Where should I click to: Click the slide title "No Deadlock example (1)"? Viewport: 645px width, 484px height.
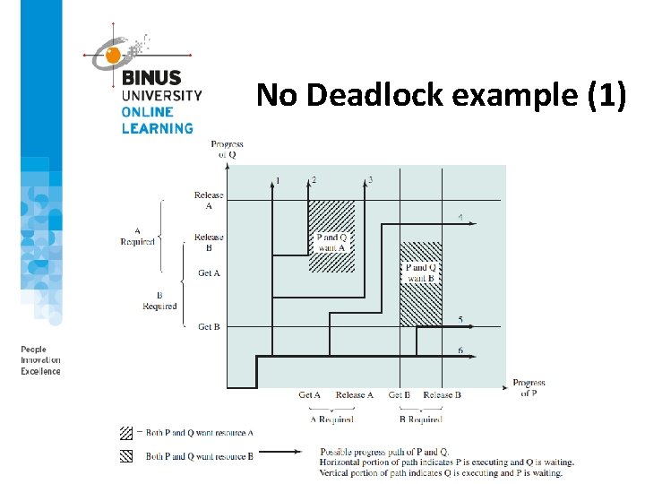tap(441, 94)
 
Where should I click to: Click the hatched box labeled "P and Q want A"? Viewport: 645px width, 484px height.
tap(331, 237)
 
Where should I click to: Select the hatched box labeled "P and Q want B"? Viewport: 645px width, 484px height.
tap(420, 283)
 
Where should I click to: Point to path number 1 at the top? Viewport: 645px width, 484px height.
tap(278, 180)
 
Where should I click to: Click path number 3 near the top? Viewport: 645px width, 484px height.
tap(371, 180)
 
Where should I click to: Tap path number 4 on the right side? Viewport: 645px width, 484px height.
tap(460, 217)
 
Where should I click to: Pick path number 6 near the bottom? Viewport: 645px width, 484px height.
tap(460, 350)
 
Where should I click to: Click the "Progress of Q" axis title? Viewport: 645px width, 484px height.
tap(228, 149)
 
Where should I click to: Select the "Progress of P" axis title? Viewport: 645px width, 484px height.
tap(529, 387)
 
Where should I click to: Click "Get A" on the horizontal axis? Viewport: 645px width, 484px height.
tap(310, 395)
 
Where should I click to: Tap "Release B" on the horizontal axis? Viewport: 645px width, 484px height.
tap(442, 395)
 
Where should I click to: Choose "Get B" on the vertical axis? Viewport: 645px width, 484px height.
tap(209, 327)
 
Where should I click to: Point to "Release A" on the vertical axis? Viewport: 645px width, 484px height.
tap(209, 200)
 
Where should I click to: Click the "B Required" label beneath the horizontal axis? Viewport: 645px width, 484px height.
tap(420, 419)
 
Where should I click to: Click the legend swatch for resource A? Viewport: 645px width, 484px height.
tap(126, 433)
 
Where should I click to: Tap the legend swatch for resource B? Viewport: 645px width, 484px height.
tap(126, 455)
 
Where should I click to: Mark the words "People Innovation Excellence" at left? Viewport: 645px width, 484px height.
tap(40, 360)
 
